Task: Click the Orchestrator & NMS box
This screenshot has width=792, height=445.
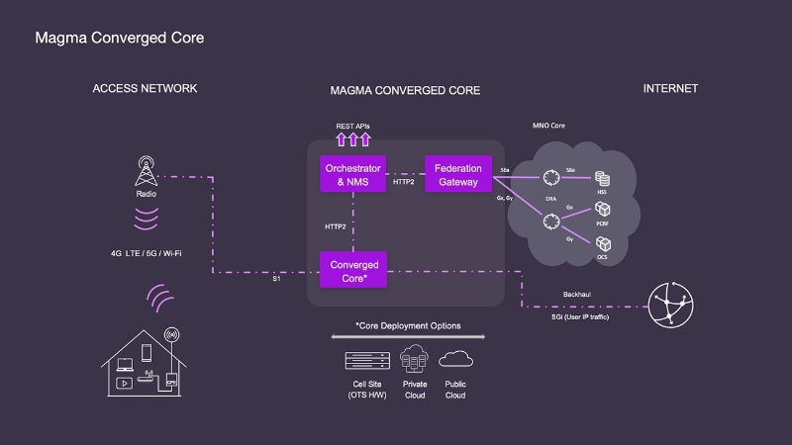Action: [353, 175]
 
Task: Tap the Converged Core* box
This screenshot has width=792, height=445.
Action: [353, 269]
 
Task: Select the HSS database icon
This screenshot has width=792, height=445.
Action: [600, 178]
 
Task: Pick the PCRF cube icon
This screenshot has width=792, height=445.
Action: [600, 210]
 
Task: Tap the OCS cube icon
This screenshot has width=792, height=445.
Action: [600, 240]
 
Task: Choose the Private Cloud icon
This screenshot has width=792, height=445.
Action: [415, 360]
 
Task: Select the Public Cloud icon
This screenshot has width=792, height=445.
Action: [455, 359]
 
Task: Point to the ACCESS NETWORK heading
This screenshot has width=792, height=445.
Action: [145, 88]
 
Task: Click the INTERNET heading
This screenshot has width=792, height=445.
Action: [670, 88]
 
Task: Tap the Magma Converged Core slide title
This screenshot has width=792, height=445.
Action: [120, 39]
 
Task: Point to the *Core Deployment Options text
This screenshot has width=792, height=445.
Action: [407, 325]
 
